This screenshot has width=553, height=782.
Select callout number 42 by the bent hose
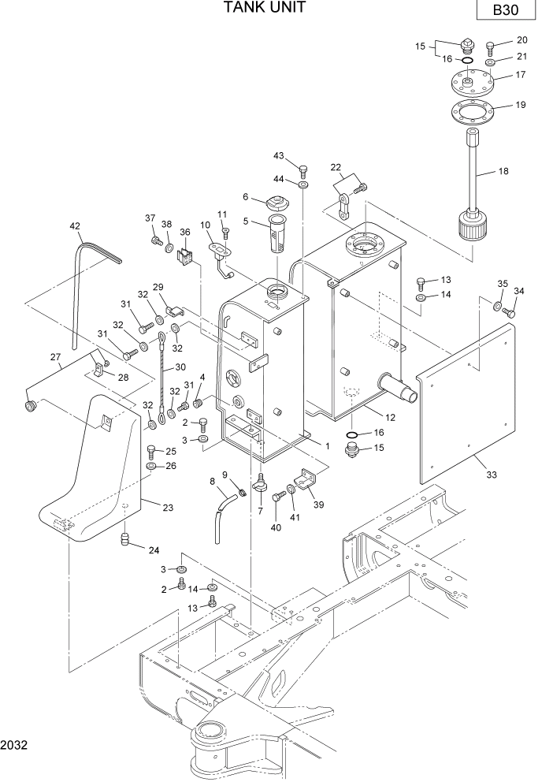click(76, 226)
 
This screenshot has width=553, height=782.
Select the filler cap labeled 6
click(276, 200)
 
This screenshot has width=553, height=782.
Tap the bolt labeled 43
click(303, 169)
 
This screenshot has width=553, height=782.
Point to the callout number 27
click(55, 357)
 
